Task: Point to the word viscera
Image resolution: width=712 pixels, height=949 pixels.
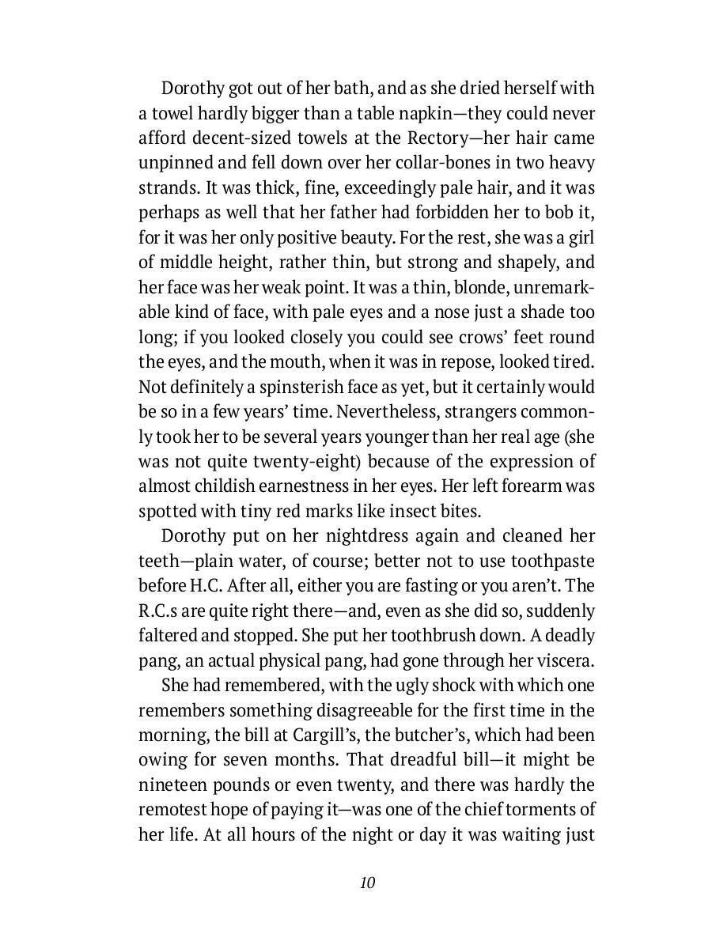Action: (562, 660)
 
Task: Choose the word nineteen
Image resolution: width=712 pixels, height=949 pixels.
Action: (174, 785)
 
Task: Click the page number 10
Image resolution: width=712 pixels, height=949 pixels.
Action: (366, 883)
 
